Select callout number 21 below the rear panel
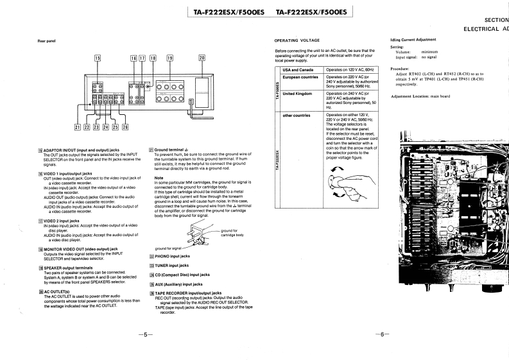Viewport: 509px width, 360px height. pos(78,126)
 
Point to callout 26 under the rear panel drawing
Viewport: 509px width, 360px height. pos(125,126)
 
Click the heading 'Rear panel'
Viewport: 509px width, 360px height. pos(47,42)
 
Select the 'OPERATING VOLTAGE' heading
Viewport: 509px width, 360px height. pos(297,40)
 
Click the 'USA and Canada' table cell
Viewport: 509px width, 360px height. pos(298,69)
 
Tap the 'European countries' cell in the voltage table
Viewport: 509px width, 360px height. pos(300,77)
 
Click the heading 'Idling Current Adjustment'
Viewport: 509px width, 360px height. pos(417,40)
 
